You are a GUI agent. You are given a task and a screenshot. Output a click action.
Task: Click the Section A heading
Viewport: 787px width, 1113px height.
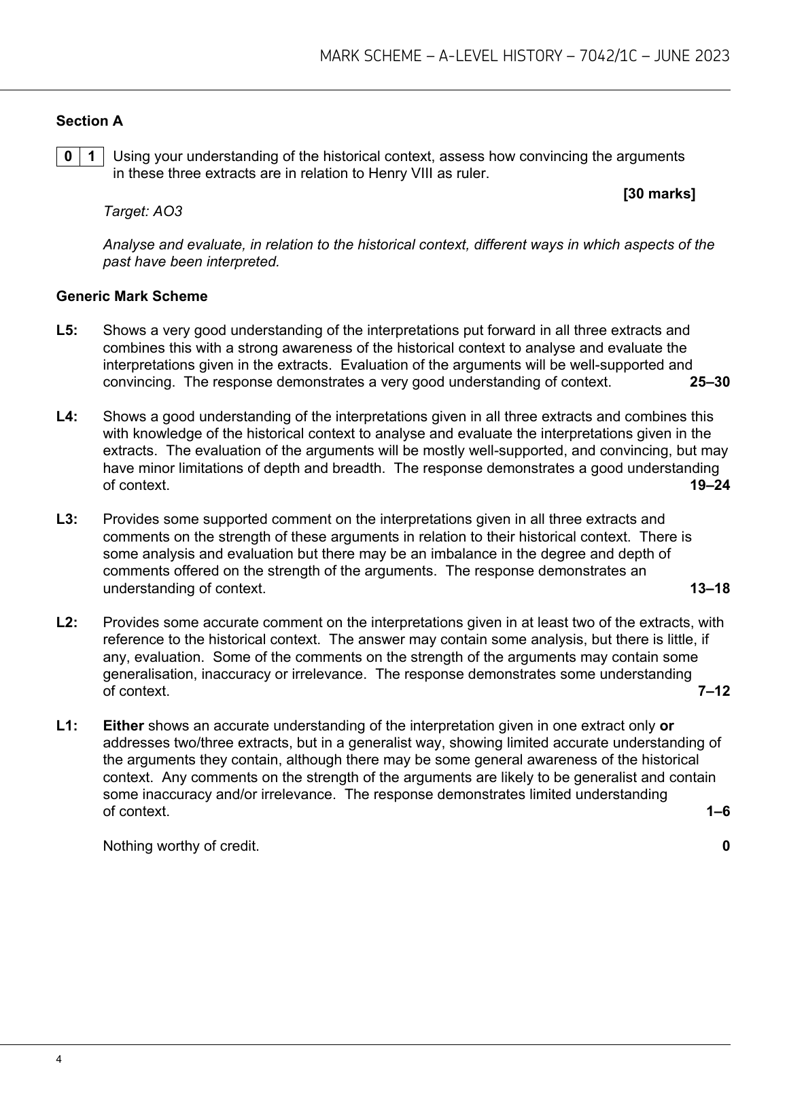(x=89, y=121)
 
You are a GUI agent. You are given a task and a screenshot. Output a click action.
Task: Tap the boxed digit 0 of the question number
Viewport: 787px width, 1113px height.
(x=68, y=156)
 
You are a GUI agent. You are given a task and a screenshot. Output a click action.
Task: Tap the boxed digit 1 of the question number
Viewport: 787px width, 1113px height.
(x=92, y=156)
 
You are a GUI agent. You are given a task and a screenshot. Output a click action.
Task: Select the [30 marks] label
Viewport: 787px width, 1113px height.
(x=659, y=194)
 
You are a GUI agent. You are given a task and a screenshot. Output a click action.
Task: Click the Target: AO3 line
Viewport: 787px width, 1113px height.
(x=143, y=211)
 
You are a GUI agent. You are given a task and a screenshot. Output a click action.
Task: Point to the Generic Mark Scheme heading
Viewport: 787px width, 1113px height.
(x=132, y=296)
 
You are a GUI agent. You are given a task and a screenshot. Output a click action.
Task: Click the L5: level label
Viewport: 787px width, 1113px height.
(x=67, y=331)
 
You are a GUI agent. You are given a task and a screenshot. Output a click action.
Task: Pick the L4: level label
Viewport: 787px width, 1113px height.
(x=67, y=417)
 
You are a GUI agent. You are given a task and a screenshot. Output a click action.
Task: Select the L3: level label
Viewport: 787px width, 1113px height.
(x=67, y=520)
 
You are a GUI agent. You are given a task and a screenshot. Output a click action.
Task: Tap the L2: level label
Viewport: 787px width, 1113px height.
(x=67, y=622)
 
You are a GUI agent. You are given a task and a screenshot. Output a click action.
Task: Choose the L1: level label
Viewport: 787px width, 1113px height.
(x=67, y=726)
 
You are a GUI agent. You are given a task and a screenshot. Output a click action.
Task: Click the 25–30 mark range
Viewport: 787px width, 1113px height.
(x=710, y=382)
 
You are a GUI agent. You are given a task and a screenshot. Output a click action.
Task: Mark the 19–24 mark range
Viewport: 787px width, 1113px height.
(x=710, y=485)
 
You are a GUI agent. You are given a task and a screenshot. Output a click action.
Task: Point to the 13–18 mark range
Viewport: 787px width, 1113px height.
(x=710, y=588)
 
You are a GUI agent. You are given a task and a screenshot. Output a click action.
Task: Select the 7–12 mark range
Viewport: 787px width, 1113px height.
(x=714, y=691)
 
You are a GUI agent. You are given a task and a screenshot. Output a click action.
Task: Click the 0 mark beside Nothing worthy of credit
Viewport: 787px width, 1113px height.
(x=726, y=846)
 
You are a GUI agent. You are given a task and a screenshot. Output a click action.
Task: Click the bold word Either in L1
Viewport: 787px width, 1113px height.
(x=123, y=726)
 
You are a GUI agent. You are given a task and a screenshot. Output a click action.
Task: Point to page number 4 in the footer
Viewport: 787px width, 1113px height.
(x=59, y=1059)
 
